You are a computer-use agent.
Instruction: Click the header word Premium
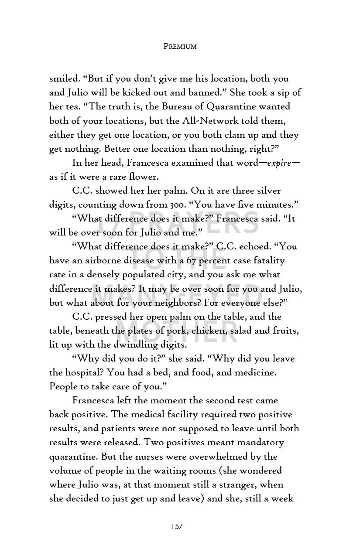180,46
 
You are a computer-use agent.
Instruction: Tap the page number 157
177,526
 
